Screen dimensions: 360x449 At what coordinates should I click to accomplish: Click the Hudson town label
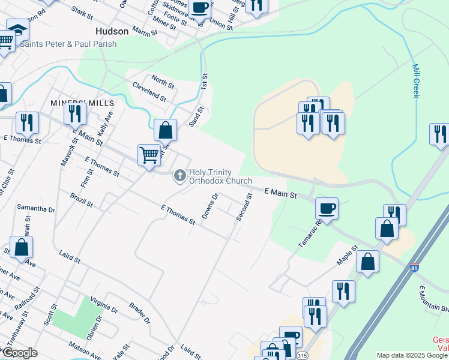click(x=112, y=31)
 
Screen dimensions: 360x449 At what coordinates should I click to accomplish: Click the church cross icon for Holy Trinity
click(x=179, y=176)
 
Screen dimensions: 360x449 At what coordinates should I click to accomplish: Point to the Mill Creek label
click(x=415, y=82)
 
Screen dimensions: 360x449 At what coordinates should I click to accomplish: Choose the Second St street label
click(x=244, y=206)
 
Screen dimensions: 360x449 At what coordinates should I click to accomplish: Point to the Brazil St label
click(x=81, y=200)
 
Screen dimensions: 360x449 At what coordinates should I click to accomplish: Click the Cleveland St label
click(x=149, y=91)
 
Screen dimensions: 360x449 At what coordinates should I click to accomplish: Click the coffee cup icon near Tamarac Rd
click(x=327, y=208)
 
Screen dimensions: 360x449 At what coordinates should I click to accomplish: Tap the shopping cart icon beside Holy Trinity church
click(x=149, y=155)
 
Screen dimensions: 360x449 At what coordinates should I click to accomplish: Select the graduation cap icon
click(x=18, y=29)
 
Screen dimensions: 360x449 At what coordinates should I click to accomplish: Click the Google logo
click(x=19, y=353)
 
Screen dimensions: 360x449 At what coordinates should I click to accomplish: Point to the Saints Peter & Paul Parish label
click(x=68, y=44)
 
